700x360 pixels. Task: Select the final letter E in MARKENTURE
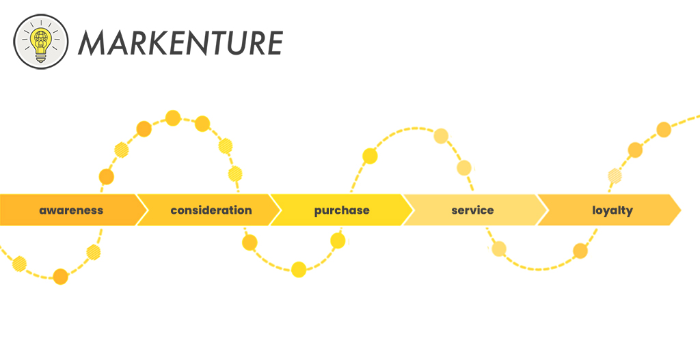click(273, 43)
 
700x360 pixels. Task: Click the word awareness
click(71, 210)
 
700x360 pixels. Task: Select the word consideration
click(211, 210)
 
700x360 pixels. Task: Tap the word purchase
click(342, 210)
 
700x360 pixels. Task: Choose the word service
click(472, 210)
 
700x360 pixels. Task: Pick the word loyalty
click(612, 210)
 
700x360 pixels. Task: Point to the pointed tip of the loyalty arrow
click(681, 210)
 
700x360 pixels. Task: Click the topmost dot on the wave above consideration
click(173, 118)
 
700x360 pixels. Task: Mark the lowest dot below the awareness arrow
click(60, 277)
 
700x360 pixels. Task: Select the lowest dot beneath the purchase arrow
click(299, 269)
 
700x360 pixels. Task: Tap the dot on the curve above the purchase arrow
click(370, 156)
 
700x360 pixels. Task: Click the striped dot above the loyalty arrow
click(615, 176)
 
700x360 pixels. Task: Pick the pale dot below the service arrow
click(499, 249)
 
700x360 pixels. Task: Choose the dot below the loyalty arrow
click(580, 251)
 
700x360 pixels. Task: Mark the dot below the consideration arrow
click(250, 243)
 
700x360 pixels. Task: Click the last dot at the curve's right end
click(664, 129)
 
